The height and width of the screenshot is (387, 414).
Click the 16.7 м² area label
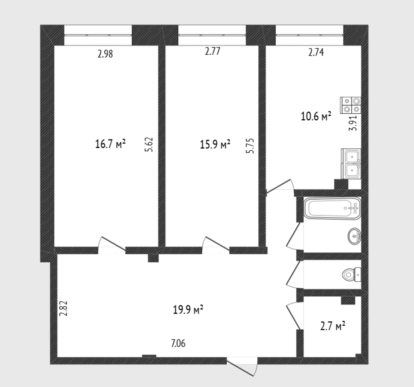tap(110, 144)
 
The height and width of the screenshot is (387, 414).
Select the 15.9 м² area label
tap(215, 144)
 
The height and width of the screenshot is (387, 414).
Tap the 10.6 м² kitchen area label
tap(316, 116)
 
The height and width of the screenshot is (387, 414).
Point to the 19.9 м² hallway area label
tap(188, 309)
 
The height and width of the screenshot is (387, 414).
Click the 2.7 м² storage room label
tap(333, 326)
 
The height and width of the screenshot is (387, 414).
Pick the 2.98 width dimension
tap(105, 54)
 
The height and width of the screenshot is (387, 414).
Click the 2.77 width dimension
tap(213, 51)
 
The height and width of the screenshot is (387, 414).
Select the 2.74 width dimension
tap(316, 52)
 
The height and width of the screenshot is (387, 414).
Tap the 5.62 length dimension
tap(149, 144)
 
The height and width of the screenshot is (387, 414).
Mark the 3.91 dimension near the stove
tap(353, 123)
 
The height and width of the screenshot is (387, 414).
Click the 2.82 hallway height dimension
tap(64, 308)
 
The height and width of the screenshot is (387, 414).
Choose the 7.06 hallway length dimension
tap(178, 343)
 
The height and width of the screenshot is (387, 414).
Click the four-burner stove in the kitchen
tap(351, 105)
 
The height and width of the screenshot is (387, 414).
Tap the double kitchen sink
tap(351, 164)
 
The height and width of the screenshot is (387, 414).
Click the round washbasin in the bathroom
tap(354, 236)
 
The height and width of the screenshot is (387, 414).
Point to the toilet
tap(352, 275)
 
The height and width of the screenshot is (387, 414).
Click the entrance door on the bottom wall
tap(242, 366)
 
